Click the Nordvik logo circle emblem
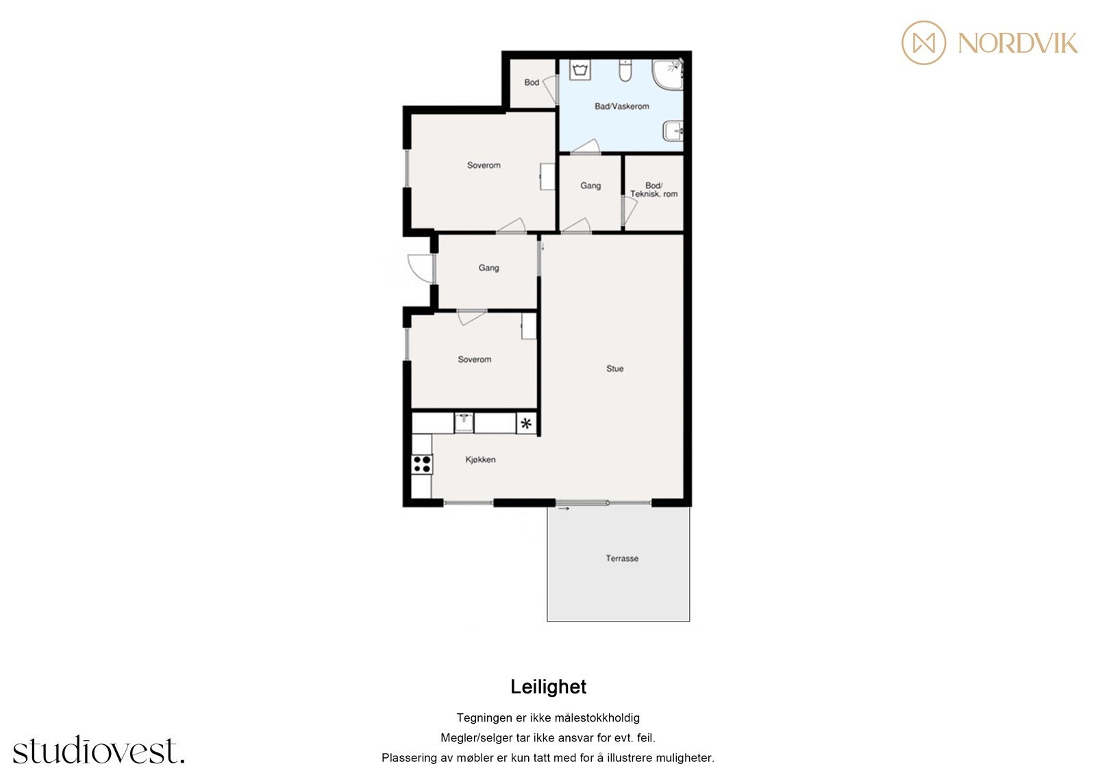pyautogui.click(x=923, y=42)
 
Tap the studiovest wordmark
pyautogui.click(x=99, y=750)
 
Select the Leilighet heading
pyautogui.click(x=548, y=687)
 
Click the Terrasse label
pyautogui.click(x=622, y=558)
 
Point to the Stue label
pyautogui.click(x=614, y=369)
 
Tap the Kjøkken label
pyautogui.click(x=480, y=459)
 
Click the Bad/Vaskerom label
pyautogui.click(x=621, y=106)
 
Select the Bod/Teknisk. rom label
pyautogui.click(x=653, y=189)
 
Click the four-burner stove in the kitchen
pyautogui.click(x=422, y=464)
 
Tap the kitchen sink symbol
pyautogui.click(x=464, y=423)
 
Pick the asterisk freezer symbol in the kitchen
pyautogui.click(x=526, y=423)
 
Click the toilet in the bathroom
pyautogui.click(x=625, y=70)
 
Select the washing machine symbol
pyautogui.click(x=580, y=69)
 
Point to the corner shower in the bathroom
pyautogui.click(x=667, y=75)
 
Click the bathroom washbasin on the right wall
pyautogui.click(x=673, y=131)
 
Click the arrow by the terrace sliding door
pyautogui.click(x=564, y=508)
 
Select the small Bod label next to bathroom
pyautogui.click(x=532, y=82)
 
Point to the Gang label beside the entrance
pyautogui.click(x=488, y=268)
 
